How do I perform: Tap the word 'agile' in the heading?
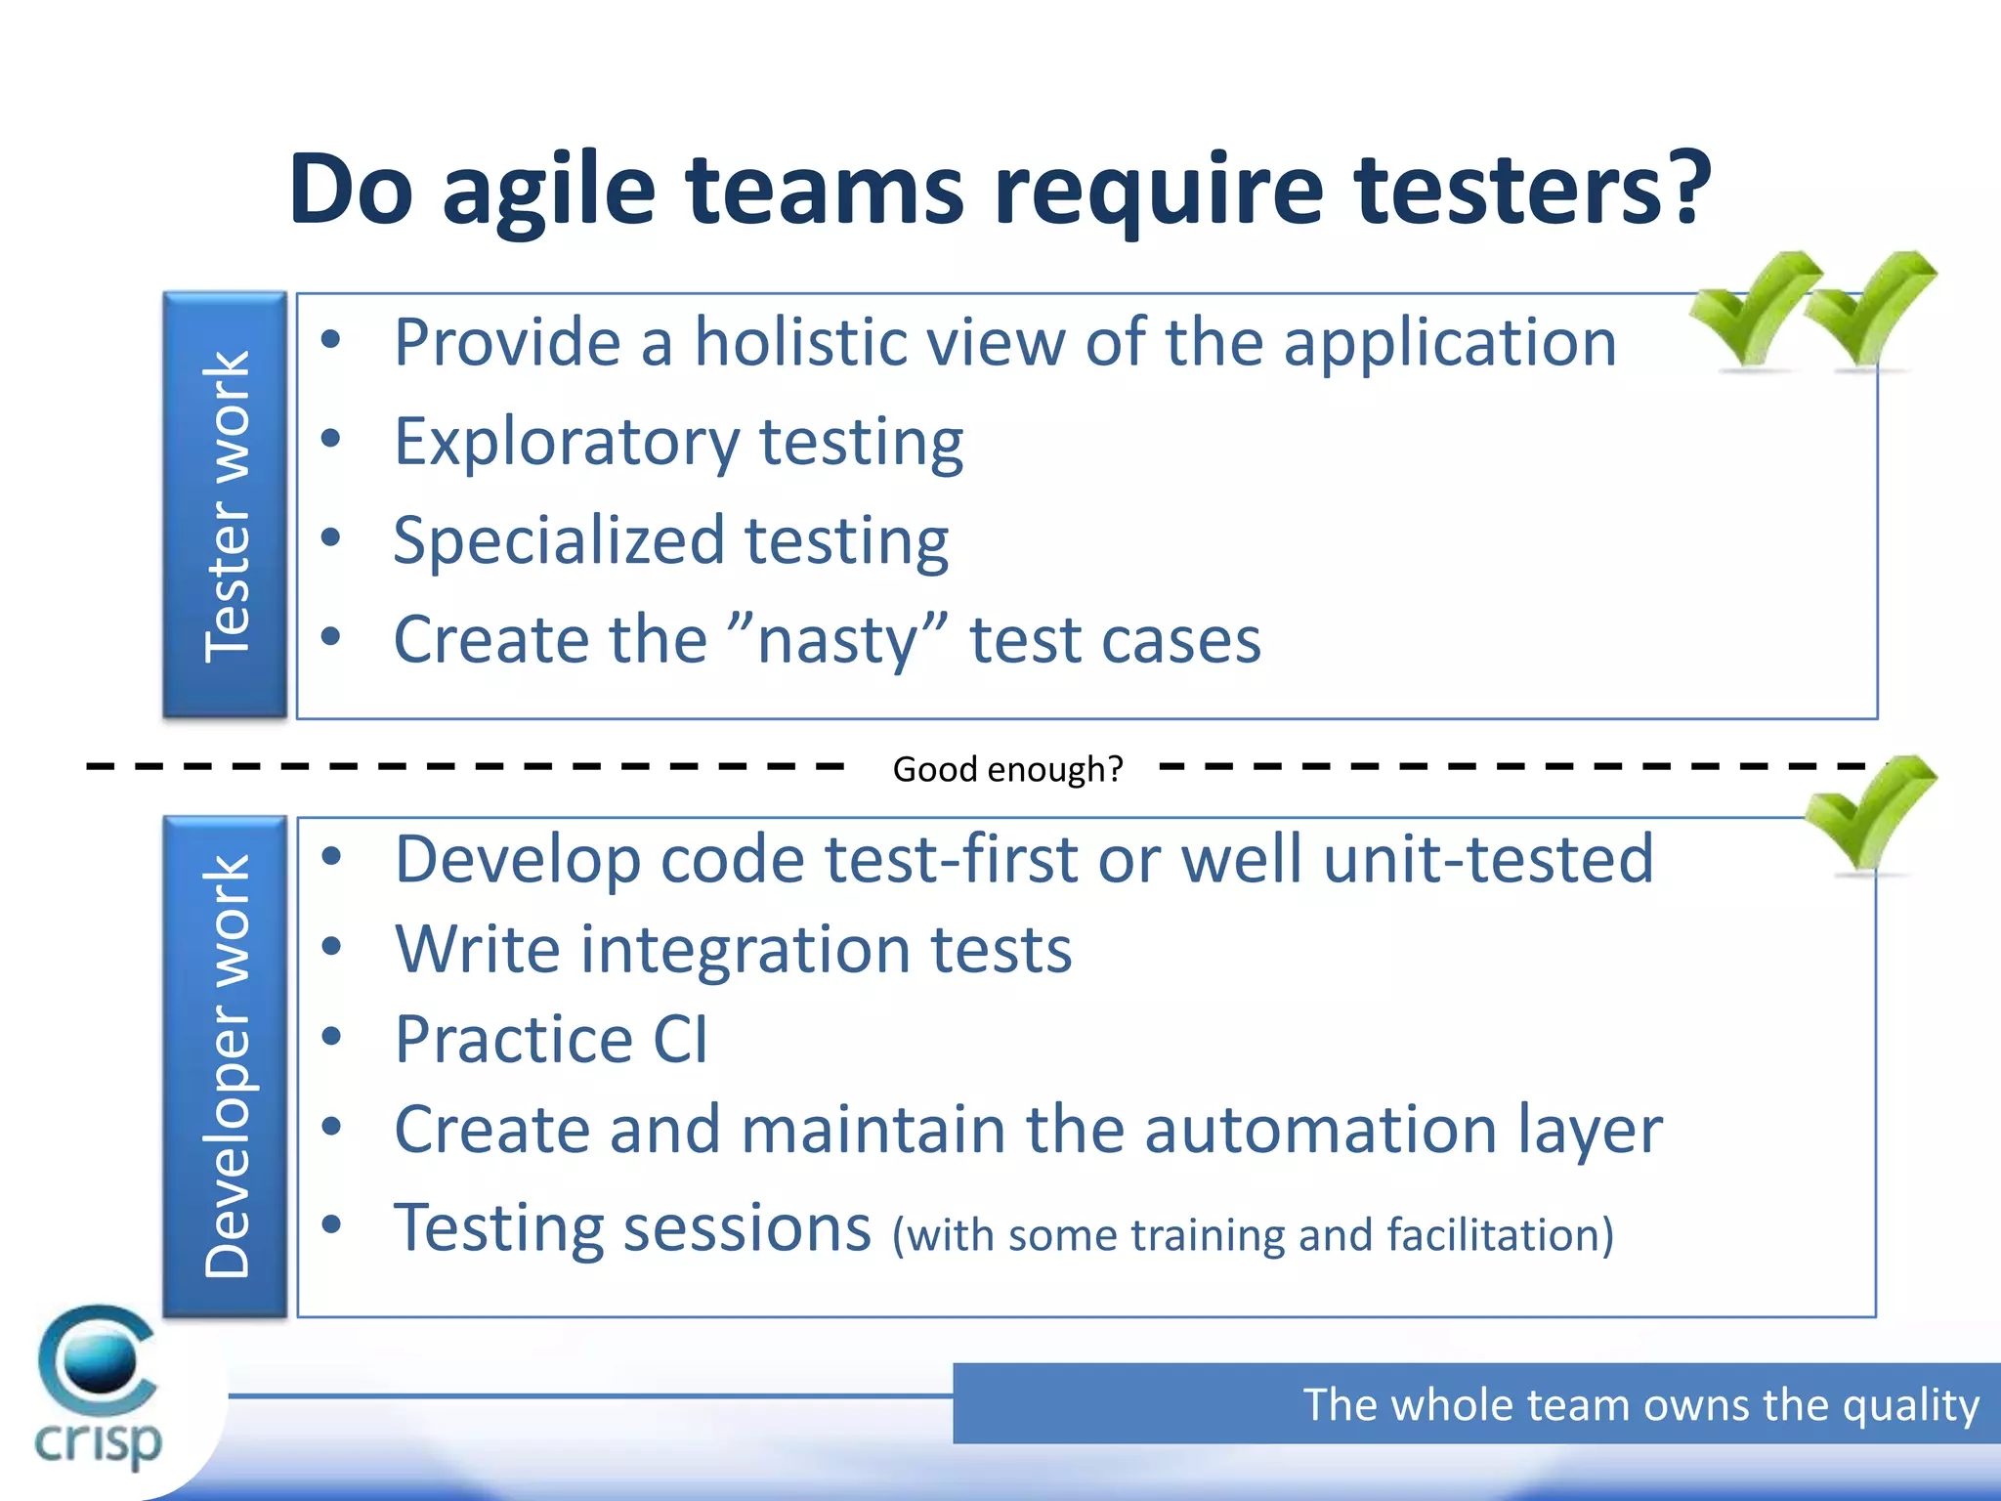[548, 191]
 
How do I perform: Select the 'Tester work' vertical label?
[226, 506]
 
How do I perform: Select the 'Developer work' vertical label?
[226, 1066]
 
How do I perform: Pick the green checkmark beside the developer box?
[1869, 813]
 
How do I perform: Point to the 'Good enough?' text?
[1007, 769]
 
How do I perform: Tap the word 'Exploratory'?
[567, 443]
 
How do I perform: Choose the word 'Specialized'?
[559, 541]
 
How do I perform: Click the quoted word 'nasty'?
[838, 641]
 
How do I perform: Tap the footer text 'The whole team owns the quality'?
[1640, 1404]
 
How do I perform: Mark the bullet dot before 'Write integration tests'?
[332, 946]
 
